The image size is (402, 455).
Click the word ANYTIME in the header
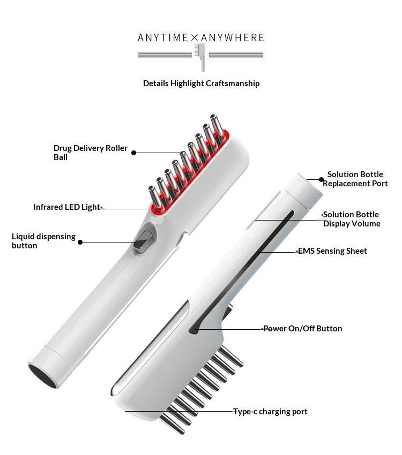click(163, 37)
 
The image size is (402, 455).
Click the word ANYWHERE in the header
click(233, 37)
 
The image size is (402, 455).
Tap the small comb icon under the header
click(200, 57)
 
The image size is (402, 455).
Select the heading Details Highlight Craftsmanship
click(202, 84)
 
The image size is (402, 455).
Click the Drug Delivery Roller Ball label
click(91, 153)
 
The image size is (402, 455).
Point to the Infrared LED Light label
click(66, 207)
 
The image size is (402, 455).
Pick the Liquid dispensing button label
click(43, 241)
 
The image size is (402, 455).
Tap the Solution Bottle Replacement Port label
click(355, 179)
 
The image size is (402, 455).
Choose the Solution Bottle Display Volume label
click(352, 219)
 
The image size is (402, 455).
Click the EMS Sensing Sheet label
click(332, 251)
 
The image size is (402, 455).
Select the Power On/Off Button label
click(303, 329)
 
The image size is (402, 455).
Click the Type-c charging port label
click(270, 412)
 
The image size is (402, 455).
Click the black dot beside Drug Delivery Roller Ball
click(133, 153)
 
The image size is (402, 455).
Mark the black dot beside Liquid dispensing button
click(80, 242)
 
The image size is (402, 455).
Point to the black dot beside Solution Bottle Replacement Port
click(321, 180)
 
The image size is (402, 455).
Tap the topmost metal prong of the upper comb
click(217, 125)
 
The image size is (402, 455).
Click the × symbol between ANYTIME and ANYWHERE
click(195, 37)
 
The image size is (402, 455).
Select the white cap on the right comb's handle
click(303, 191)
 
